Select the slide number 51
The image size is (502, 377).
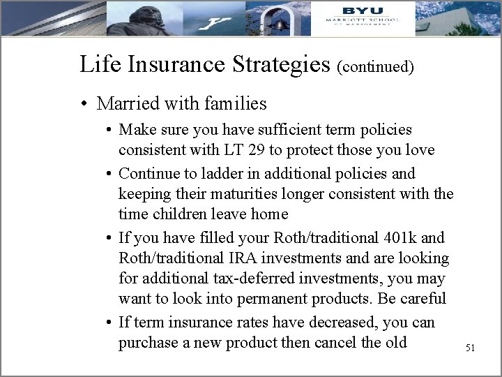tap(469, 347)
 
